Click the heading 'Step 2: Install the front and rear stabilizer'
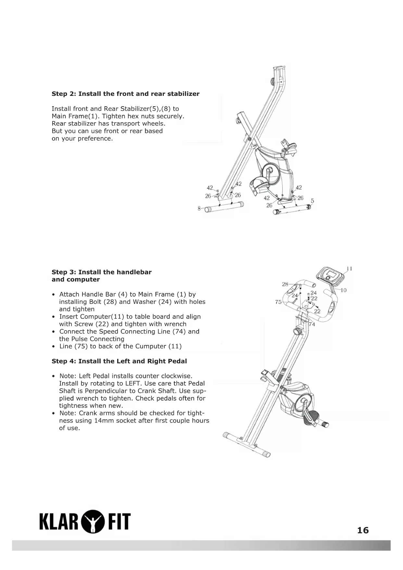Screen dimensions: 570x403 click(125, 94)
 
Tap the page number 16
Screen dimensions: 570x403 click(363, 530)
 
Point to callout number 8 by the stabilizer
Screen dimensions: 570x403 click(199, 208)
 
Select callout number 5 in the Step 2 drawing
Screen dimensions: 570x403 click(312, 201)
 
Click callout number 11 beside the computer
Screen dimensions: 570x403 click(349, 269)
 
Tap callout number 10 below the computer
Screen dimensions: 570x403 click(344, 290)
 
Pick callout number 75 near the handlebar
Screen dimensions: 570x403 click(278, 302)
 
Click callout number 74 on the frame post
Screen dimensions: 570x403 click(312, 324)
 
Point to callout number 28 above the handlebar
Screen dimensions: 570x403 click(285, 284)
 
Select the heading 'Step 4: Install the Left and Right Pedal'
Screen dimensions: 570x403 click(119, 361)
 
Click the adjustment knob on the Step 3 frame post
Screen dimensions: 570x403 click(297, 331)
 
